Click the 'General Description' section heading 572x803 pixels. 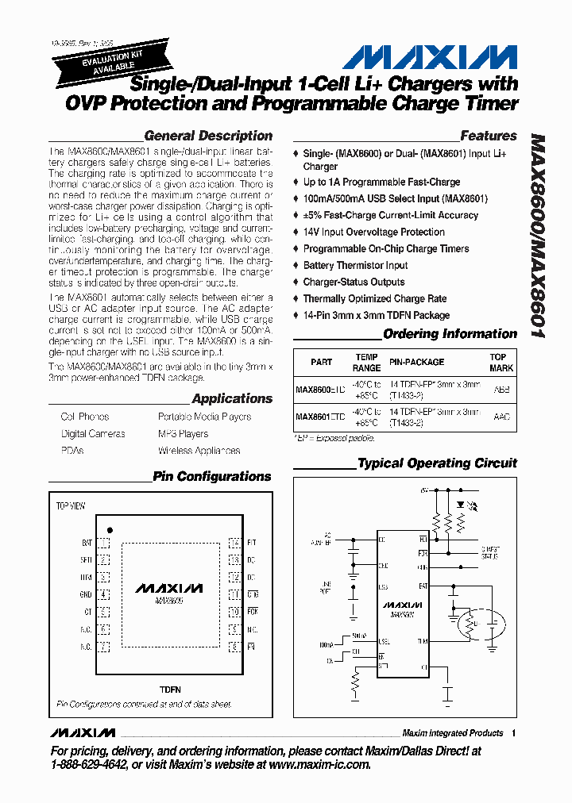coord(208,136)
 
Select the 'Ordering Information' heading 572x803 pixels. coord(450,334)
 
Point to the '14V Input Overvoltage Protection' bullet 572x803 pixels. coord(373,232)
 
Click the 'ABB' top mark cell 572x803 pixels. coord(501,390)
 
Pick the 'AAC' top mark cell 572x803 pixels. coord(501,417)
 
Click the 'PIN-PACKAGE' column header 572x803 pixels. coord(416,362)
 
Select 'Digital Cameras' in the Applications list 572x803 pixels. coord(93,434)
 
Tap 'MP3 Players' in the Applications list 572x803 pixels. coord(183,434)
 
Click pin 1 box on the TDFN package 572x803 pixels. coord(103,544)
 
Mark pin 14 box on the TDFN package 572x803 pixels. coord(234,544)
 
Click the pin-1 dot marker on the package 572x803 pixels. coord(110,529)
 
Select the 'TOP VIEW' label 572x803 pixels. coord(71,505)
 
